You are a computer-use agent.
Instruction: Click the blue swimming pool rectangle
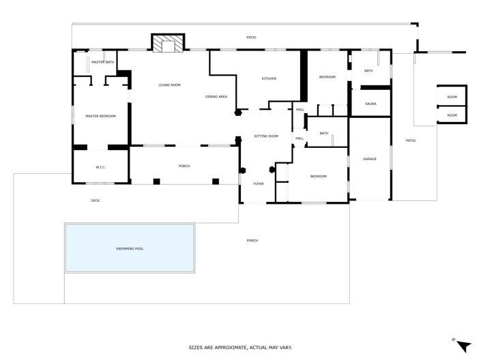pyautogui.click(x=130, y=248)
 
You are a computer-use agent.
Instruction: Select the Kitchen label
pyautogui.click(x=269, y=78)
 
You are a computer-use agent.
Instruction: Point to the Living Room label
pyautogui.click(x=169, y=85)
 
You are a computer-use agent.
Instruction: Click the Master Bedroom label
pyautogui.click(x=100, y=116)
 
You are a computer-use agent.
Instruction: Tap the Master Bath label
pyautogui.click(x=102, y=62)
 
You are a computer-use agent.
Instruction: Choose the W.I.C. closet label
pyautogui.click(x=100, y=167)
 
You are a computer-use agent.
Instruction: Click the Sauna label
pyautogui.click(x=370, y=104)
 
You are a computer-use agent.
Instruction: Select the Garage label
pyautogui.click(x=370, y=159)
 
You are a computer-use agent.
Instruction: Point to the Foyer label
pyautogui.click(x=259, y=183)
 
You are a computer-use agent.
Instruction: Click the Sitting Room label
pyautogui.click(x=266, y=136)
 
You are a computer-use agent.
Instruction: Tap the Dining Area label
pyautogui.click(x=216, y=97)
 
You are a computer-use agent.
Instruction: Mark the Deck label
pyautogui.click(x=96, y=200)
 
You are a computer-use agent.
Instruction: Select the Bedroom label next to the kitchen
pyautogui.click(x=327, y=77)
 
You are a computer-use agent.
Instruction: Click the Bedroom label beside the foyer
pyautogui.click(x=319, y=177)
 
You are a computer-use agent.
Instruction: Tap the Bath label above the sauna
pyautogui.click(x=368, y=71)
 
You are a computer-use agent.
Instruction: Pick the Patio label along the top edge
pyautogui.click(x=251, y=37)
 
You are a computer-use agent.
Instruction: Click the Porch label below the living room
pyautogui.click(x=184, y=166)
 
